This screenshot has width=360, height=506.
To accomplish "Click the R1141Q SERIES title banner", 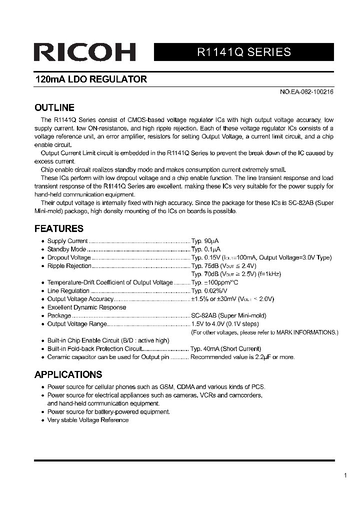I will pos(243,52).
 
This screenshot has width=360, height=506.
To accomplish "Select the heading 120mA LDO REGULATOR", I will pos(90,79).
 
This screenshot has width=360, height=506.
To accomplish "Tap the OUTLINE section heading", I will pos(54,107).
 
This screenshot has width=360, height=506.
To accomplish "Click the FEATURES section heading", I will pos(58,228).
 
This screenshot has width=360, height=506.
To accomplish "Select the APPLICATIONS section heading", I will pos(68,374).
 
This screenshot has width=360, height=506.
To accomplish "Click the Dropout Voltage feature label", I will pos(69,257).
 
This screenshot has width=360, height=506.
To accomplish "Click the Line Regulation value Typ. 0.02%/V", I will pos(209,290).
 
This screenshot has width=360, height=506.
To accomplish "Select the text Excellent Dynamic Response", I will pos(86,307).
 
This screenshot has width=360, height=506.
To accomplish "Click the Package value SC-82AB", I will pos(203,315).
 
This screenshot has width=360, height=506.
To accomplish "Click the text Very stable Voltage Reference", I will pos(87,420).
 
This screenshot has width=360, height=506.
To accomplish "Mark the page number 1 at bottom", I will pos(345,476).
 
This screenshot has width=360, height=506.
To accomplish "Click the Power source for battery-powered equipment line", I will pos(108,411).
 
